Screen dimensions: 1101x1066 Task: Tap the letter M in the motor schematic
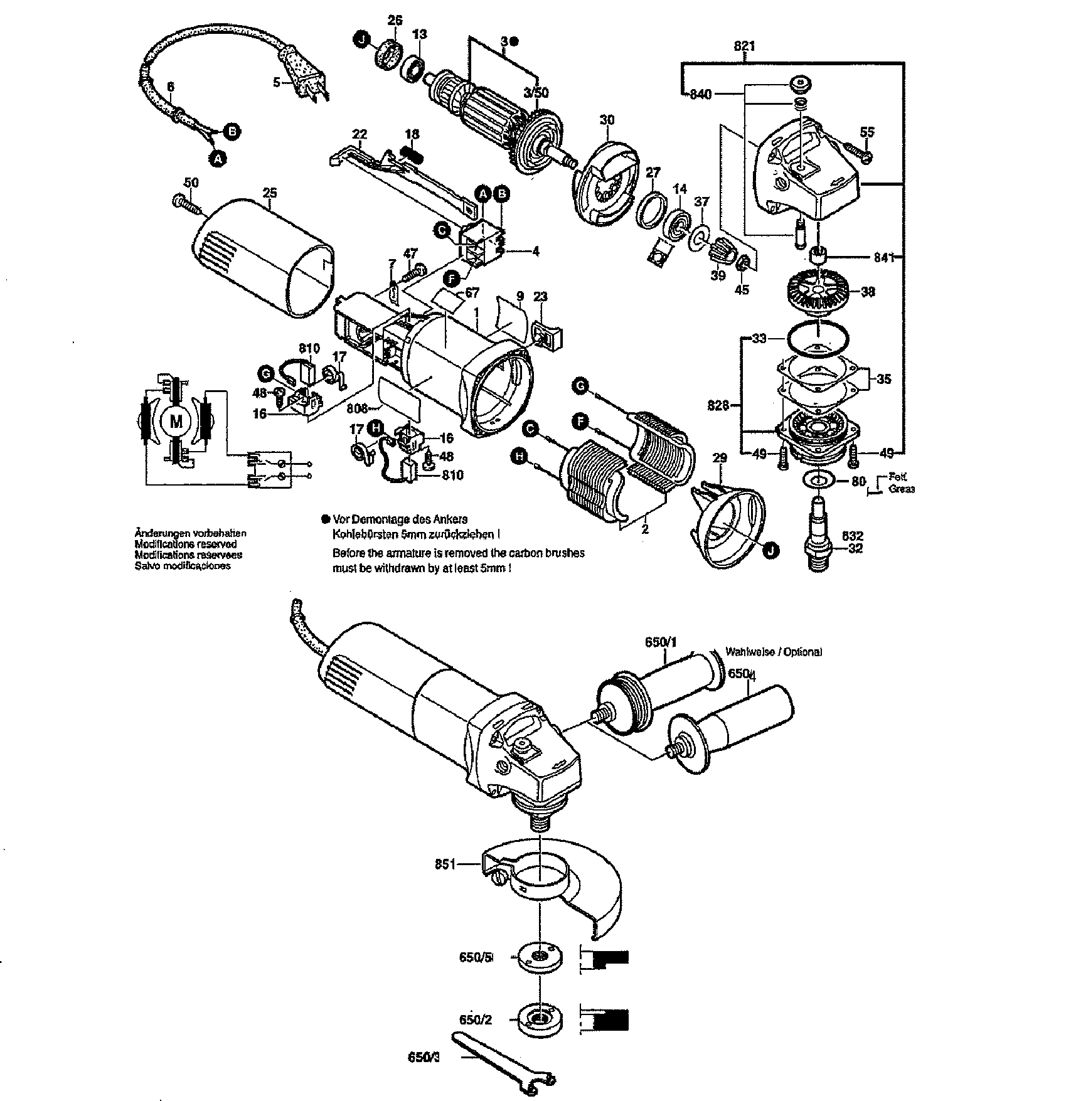click(176, 422)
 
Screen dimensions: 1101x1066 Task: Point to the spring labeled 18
click(410, 153)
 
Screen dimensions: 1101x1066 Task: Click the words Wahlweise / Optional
click(774, 652)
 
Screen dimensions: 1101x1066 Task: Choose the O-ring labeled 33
click(819, 337)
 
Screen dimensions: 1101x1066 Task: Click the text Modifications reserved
click(186, 544)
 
